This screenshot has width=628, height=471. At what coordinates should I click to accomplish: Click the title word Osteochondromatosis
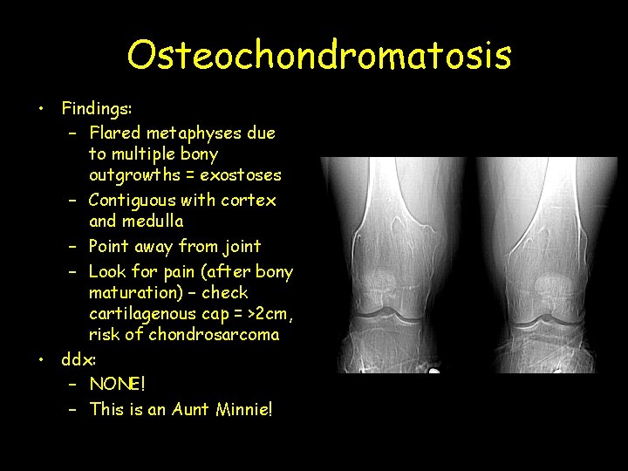point(318,54)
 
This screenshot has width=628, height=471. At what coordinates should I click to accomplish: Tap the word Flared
point(115,133)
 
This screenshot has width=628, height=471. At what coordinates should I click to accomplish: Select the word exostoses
point(241,174)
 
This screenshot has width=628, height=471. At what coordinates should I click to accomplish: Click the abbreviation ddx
point(78,358)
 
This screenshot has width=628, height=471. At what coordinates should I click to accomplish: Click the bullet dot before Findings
point(41,110)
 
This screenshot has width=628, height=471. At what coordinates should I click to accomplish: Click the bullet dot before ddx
point(41,359)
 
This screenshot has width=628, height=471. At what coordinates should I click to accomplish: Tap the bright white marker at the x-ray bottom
point(433,371)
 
